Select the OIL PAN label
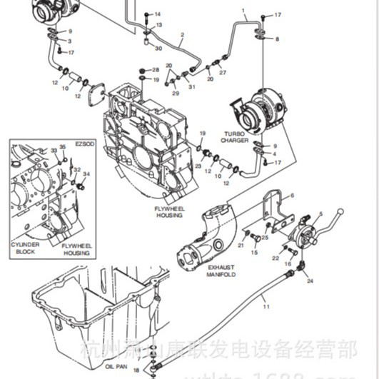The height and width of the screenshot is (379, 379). (x=116, y=368)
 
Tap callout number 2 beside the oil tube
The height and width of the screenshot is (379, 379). (x=182, y=34)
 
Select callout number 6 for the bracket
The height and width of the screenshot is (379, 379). (x=291, y=196)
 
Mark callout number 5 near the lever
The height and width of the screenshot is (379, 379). (x=320, y=213)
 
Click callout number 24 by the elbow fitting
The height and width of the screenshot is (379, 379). (x=310, y=281)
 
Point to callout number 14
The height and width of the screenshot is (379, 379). (x=158, y=14)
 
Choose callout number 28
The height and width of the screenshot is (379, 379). (x=156, y=69)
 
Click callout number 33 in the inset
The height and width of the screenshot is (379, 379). (x=53, y=151)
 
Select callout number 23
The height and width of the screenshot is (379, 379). (x=198, y=166)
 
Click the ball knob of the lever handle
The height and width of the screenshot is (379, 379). (x=340, y=211)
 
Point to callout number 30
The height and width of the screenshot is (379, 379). (x=158, y=48)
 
